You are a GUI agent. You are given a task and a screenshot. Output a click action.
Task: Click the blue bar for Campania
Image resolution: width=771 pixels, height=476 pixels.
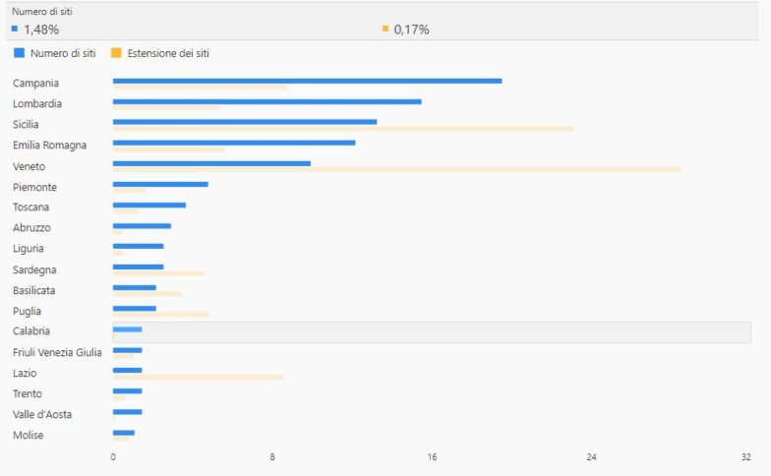click(x=307, y=81)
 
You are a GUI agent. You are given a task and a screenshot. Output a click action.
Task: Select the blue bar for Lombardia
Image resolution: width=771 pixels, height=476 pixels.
click(x=267, y=101)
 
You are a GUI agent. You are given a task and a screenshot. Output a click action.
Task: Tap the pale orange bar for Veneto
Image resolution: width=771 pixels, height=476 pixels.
click(x=396, y=169)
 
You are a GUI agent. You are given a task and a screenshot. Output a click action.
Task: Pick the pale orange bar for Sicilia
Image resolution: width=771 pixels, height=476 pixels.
click(x=342, y=128)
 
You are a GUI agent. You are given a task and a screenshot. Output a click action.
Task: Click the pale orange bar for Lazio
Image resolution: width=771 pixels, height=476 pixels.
click(x=199, y=377)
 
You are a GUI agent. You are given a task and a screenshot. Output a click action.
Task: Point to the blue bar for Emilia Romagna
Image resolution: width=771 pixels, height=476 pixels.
click(x=234, y=143)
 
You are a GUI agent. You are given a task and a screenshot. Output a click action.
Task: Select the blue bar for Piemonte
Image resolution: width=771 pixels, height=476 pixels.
click(x=160, y=184)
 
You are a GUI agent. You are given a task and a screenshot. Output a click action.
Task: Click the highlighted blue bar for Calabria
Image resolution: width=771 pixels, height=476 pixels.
click(x=127, y=329)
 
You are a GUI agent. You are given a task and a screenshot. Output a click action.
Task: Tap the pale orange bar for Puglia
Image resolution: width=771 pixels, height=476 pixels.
click(x=161, y=315)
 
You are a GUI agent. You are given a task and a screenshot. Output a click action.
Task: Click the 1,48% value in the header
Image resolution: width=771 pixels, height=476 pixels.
click(x=40, y=30)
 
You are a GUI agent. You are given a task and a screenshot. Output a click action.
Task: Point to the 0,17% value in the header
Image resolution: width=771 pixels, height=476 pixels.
click(x=411, y=30)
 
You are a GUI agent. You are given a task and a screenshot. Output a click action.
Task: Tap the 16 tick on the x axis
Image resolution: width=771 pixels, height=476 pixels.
click(x=432, y=457)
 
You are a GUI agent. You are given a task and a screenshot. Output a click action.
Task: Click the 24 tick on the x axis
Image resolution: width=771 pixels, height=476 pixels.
click(x=591, y=457)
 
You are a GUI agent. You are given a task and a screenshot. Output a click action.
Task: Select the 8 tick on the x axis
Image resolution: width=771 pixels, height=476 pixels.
click(x=272, y=457)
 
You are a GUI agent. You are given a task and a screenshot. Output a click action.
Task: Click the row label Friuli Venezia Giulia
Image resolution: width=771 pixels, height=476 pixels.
click(x=57, y=352)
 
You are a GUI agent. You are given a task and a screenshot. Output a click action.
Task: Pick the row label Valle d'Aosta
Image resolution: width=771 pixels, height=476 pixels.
click(x=42, y=414)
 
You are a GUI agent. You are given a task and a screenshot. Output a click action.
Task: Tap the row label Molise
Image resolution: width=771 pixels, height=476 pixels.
click(x=28, y=435)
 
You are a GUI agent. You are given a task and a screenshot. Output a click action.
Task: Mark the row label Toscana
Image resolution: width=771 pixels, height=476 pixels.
click(x=30, y=207)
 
